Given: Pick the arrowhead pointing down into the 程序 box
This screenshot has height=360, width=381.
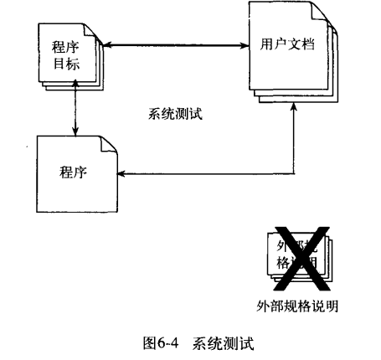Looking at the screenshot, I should point(75,131).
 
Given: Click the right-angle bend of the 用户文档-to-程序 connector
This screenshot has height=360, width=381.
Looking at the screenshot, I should point(295,174).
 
